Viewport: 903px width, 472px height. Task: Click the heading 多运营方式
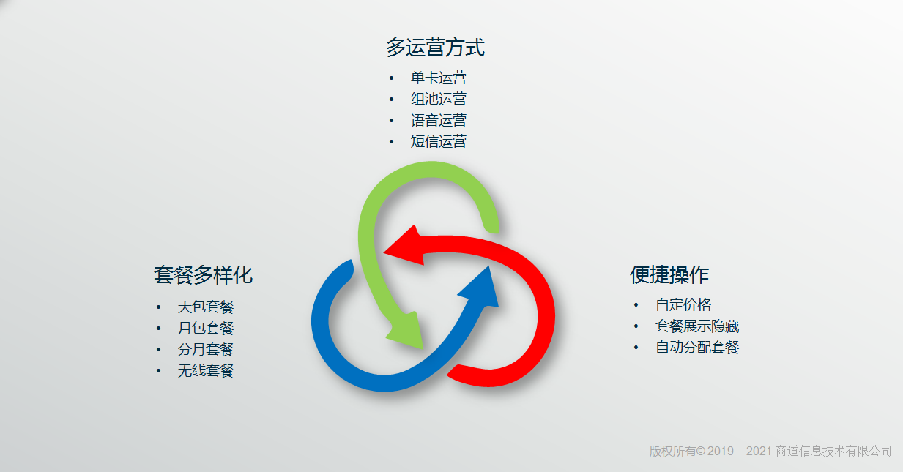click(x=435, y=48)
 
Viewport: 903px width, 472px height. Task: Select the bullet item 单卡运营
click(x=439, y=78)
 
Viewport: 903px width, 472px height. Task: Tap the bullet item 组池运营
click(x=439, y=99)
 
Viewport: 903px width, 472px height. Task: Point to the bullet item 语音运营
click(x=439, y=121)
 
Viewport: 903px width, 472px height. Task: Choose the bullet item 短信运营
click(x=439, y=142)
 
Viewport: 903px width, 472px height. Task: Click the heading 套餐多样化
click(x=203, y=275)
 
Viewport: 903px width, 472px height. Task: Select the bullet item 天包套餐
click(x=206, y=307)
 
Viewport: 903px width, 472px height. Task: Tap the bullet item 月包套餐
click(x=206, y=329)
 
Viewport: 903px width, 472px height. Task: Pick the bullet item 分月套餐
click(x=206, y=350)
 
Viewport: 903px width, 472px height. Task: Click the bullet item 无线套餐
click(x=206, y=371)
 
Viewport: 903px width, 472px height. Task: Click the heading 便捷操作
click(x=669, y=275)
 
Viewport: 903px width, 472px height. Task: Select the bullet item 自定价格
click(x=683, y=305)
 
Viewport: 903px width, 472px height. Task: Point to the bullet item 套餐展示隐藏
click(x=697, y=326)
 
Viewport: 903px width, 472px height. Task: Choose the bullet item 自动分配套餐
click(x=697, y=348)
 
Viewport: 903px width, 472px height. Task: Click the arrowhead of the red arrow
click(x=403, y=247)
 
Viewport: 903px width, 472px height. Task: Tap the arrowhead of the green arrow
click(x=407, y=332)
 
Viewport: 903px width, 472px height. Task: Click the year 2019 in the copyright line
click(x=720, y=451)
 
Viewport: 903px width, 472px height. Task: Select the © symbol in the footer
click(x=701, y=451)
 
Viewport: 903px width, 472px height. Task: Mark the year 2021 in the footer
click(x=759, y=451)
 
